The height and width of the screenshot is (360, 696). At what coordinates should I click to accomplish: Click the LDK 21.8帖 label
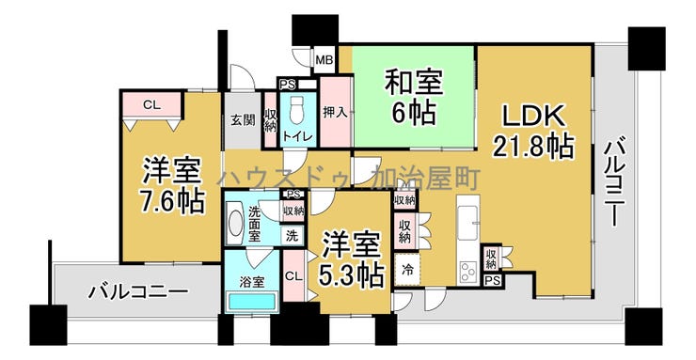coord(533,131)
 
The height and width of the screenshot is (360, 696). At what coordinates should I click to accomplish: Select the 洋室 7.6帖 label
coord(173,186)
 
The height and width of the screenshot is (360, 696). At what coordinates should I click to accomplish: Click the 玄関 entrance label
coord(242,119)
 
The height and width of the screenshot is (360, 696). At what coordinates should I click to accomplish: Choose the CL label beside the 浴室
coord(293,275)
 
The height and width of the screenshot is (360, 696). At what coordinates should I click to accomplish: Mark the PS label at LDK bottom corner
coord(491,280)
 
